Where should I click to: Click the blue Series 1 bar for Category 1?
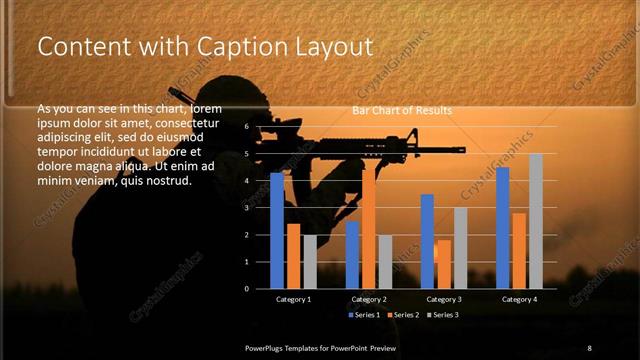coord(277,231)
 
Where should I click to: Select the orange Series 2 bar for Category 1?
coord(293,256)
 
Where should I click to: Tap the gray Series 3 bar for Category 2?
coord(385,262)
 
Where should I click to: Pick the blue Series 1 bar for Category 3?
coord(427,241)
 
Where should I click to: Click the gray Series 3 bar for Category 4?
coord(535,221)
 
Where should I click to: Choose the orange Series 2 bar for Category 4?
coord(518,250)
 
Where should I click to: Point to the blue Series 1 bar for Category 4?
coord(502,228)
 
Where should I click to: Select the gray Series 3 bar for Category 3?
coord(460,248)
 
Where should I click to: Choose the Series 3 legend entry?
coord(442,315)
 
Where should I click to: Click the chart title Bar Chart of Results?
coord(401,110)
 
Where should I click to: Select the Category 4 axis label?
coord(518,299)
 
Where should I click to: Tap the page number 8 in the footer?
coord(589,347)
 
